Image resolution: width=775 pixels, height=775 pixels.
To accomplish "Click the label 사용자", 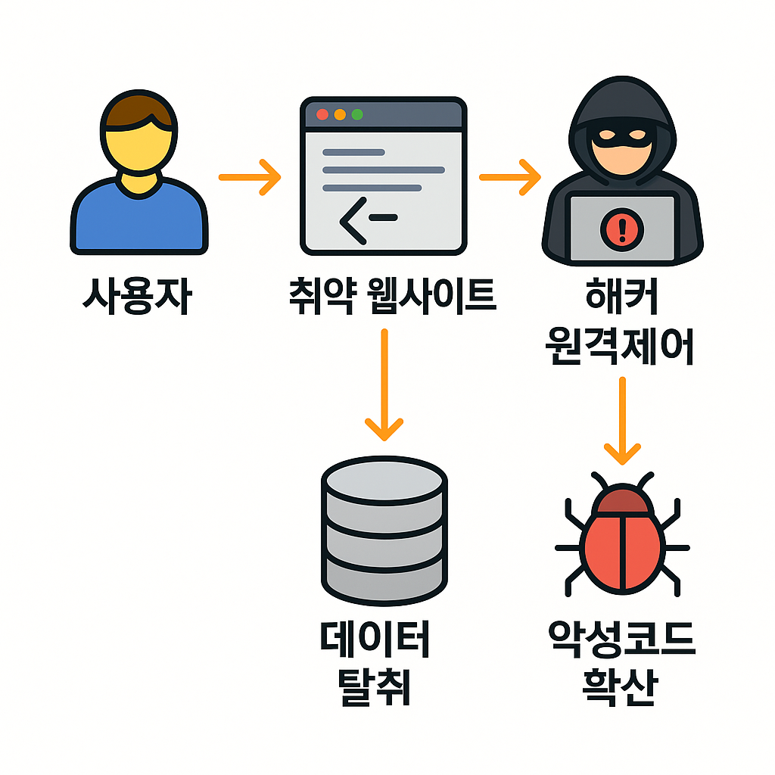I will coord(137,297).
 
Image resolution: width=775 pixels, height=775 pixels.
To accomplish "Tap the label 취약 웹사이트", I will coord(392,295).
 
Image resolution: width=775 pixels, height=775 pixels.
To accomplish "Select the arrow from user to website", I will coord(250,177).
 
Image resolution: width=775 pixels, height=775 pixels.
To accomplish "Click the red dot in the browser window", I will coord(322,114).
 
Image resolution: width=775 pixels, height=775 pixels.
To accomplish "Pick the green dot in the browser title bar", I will coord(357,114).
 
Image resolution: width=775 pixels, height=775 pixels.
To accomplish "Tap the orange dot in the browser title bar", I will coord(340,114).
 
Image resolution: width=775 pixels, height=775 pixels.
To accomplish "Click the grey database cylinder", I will coord(384,526).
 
